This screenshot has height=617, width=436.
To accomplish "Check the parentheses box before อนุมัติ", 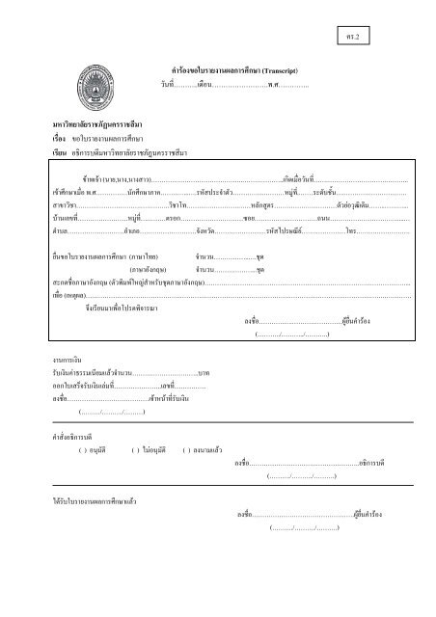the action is pyautogui.click(x=82, y=450).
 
